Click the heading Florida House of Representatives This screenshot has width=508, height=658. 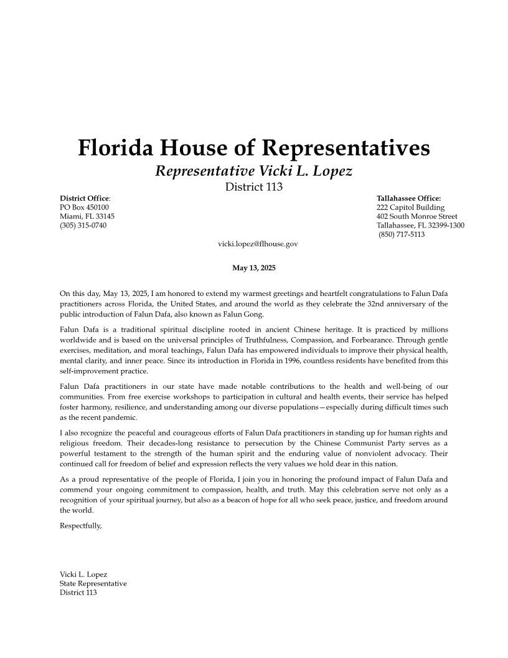[x=253, y=148]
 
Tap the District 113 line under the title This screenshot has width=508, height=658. [x=253, y=187]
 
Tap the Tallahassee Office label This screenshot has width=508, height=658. [x=408, y=198]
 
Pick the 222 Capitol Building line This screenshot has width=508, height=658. [x=410, y=207]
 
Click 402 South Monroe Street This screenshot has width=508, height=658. [x=416, y=216]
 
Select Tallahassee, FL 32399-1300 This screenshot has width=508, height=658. [x=420, y=225]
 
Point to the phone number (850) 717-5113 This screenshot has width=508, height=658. [x=402, y=234]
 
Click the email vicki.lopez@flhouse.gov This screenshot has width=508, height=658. [x=258, y=244]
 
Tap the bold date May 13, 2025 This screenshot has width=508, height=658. [x=253, y=268]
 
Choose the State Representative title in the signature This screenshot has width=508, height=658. [x=93, y=584]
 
